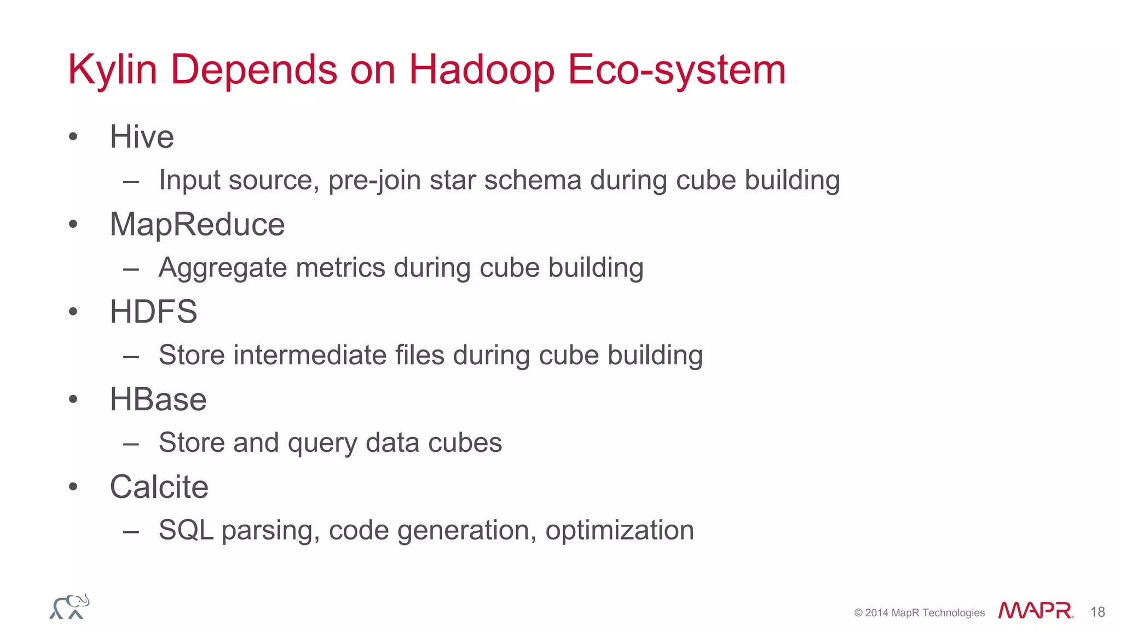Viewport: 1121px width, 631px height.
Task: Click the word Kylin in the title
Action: click(x=112, y=70)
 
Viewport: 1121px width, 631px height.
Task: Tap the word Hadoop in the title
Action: click(x=482, y=70)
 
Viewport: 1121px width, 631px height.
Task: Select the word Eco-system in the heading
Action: click(x=677, y=70)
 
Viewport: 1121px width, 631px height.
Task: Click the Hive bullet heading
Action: click(x=142, y=136)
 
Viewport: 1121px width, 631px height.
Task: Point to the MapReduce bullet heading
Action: click(x=197, y=224)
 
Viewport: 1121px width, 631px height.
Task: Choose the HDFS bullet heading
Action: click(x=153, y=312)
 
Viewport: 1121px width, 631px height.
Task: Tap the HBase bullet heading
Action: click(x=158, y=399)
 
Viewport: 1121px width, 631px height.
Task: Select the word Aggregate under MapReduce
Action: click(x=222, y=268)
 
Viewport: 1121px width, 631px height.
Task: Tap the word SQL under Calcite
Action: click(x=186, y=530)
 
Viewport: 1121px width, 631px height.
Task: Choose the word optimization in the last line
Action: click(x=620, y=530)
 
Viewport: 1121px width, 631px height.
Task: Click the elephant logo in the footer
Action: click(x=70, y=607)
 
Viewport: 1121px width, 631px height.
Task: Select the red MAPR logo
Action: click(x=1035, y=611)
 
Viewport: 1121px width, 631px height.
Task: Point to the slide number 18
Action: click(x=1097, y=612)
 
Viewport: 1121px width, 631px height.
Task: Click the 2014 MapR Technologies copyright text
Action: click(x=919, y=613)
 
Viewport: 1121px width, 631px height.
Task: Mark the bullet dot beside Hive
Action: click(x=73, y=137)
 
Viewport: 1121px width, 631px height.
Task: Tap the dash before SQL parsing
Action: click(x=131, y=531)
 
